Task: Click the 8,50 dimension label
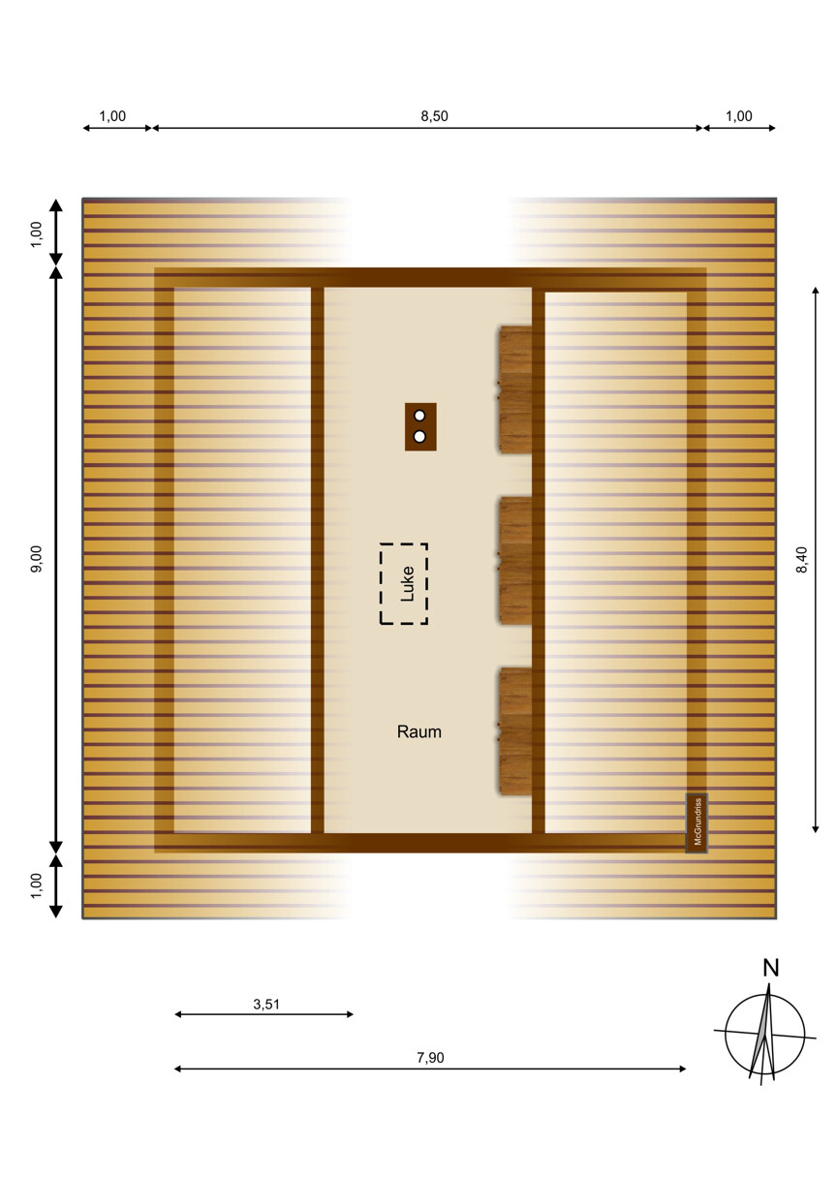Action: point(434,116)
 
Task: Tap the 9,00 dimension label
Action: point(36,559)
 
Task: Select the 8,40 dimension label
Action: point(801,560)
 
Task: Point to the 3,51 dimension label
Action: point(266,1005)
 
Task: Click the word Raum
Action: point(419,731)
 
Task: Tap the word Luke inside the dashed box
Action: point(408,584)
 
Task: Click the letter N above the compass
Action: point(771,969)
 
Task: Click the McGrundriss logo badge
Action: point(697,823)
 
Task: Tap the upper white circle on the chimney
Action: point(419,416)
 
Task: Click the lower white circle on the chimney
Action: point(419,437)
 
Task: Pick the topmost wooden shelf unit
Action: point(514,389)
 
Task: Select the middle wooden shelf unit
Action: point(514,561)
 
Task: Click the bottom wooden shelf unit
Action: point(514,731)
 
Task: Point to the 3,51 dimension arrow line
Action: point(263,1014)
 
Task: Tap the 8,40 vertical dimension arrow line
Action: point(816,560)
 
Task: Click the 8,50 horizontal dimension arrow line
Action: point(427,128)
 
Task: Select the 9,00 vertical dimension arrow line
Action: point(56,560)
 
